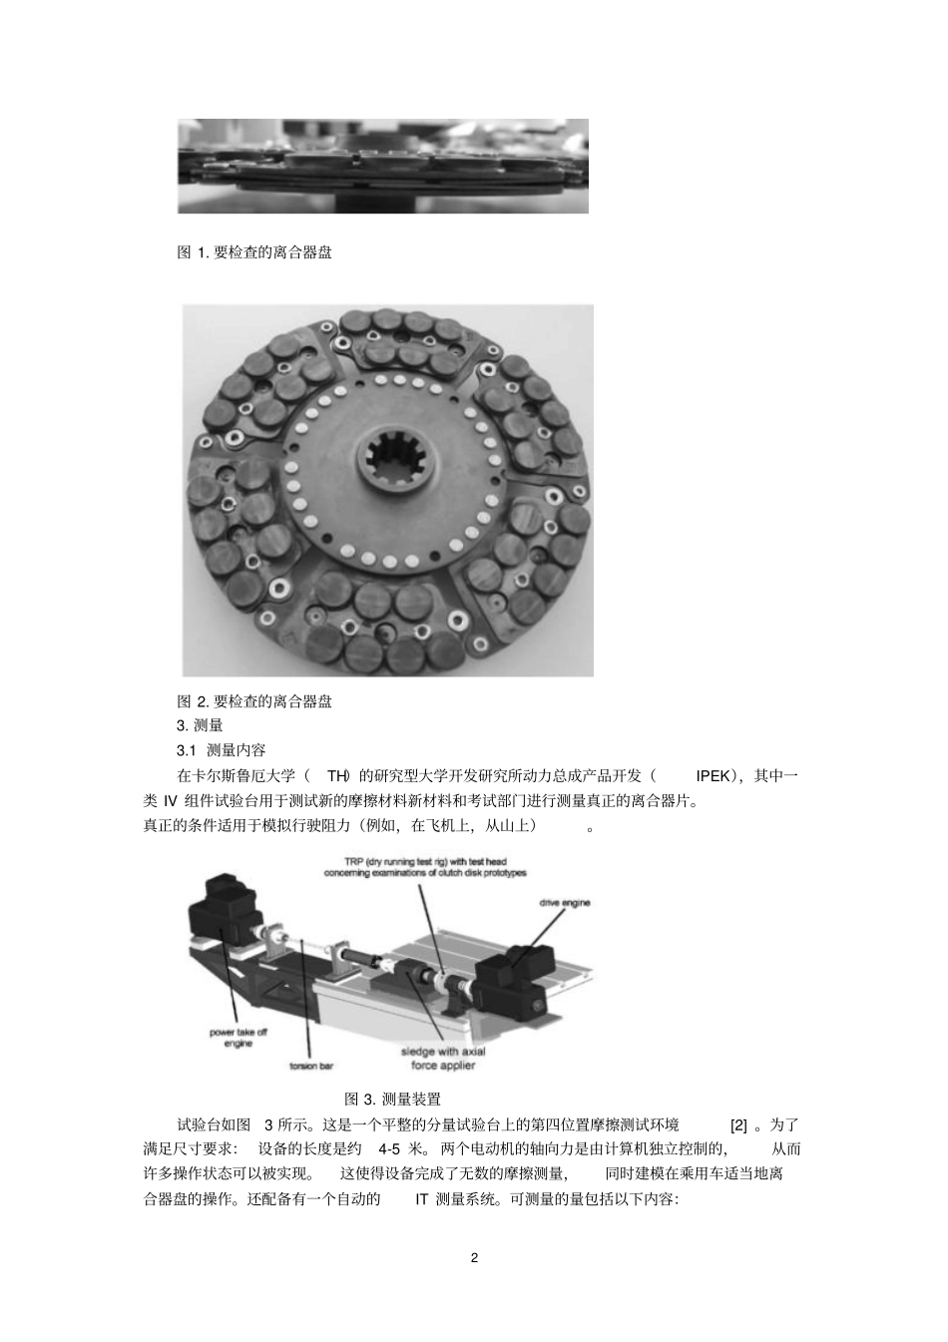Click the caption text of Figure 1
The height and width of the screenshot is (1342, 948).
click(x=254, y=252)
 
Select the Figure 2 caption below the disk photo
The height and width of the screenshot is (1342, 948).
click(x=254, y=701)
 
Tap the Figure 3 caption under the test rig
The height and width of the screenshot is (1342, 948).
click(x=392, y=1099)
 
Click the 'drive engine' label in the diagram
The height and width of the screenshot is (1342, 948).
click(x=565, y=903)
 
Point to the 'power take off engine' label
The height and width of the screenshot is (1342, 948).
click(x=238, y=1038)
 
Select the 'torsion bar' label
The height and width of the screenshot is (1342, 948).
click(x=311, y=1067)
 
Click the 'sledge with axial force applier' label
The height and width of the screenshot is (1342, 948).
click(x=443, y=1059)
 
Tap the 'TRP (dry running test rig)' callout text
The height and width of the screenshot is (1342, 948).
click(x=424, y=866)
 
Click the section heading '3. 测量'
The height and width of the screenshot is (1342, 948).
click(x=200, y=725)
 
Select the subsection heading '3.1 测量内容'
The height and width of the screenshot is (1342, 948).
click(x=221, y=750)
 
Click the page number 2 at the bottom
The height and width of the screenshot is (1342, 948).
click(x=474, y=1257)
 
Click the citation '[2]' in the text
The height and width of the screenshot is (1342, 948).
click(x=738, y=1124)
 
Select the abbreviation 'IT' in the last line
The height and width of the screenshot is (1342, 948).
click(x=421, y=1199)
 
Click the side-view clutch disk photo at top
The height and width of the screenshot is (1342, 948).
click(x=382, y=166)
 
